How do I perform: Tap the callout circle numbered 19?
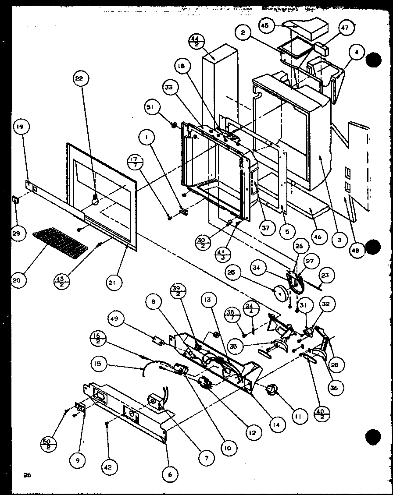[x=19, y=127]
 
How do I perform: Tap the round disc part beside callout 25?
[x=279, y=292]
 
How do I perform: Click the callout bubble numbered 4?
[x=357, y=52]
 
